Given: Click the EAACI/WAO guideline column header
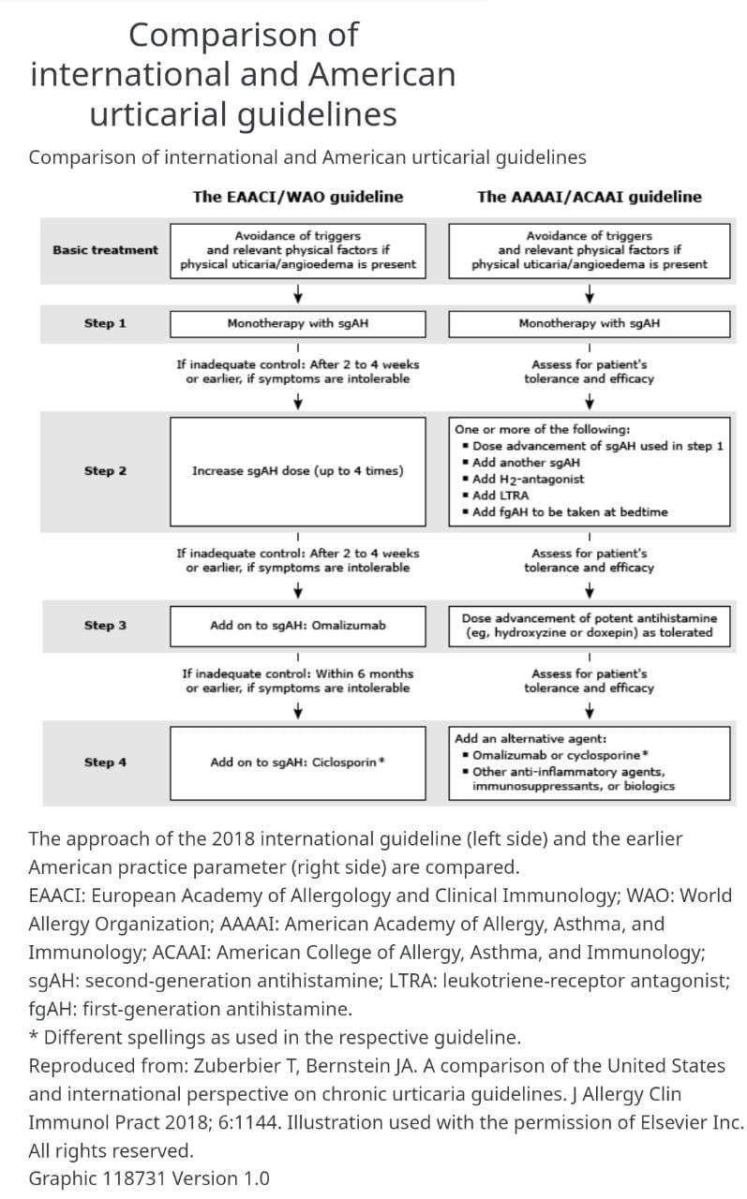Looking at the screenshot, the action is pos(298,197).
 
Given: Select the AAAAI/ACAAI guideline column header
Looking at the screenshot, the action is pos(589,197).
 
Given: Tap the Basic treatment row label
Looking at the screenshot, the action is pos(105,250).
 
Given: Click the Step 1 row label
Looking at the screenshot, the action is pos(105,323).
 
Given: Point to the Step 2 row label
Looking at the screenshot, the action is pos(105,471).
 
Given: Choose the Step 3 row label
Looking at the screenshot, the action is pos(105,625).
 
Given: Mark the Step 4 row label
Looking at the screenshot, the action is pos(105,762).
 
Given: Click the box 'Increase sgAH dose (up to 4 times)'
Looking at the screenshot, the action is pos(298,471).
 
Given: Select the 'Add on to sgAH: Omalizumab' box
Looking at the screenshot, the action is pos(298,626).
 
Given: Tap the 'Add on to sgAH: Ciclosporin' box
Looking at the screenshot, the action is pos(298,762).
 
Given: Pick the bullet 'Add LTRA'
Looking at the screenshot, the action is pos(496,496).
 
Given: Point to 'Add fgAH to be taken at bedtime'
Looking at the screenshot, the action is pos(565,512).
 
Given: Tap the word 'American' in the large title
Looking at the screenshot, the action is pos(381,74).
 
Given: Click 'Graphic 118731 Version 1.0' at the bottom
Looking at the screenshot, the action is pos(149,1178).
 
